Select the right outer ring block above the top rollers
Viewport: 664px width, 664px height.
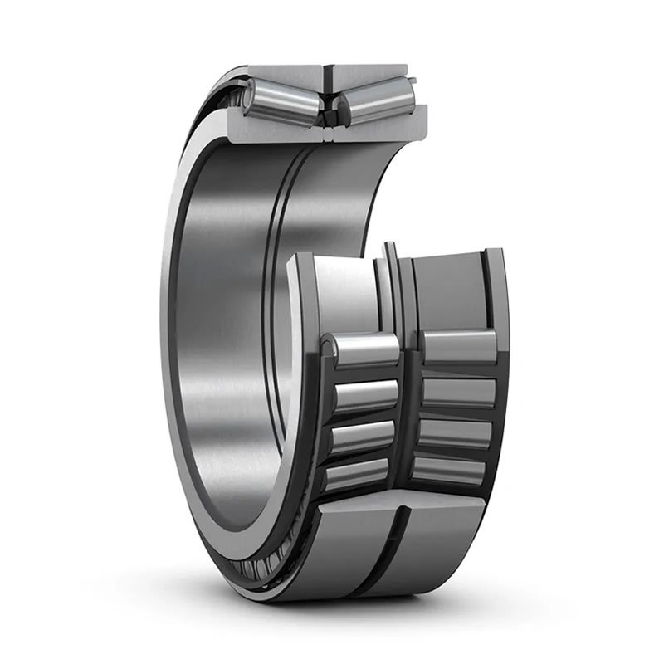369,73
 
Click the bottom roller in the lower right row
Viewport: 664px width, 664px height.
449,470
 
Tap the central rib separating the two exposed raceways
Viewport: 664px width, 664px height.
393,282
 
